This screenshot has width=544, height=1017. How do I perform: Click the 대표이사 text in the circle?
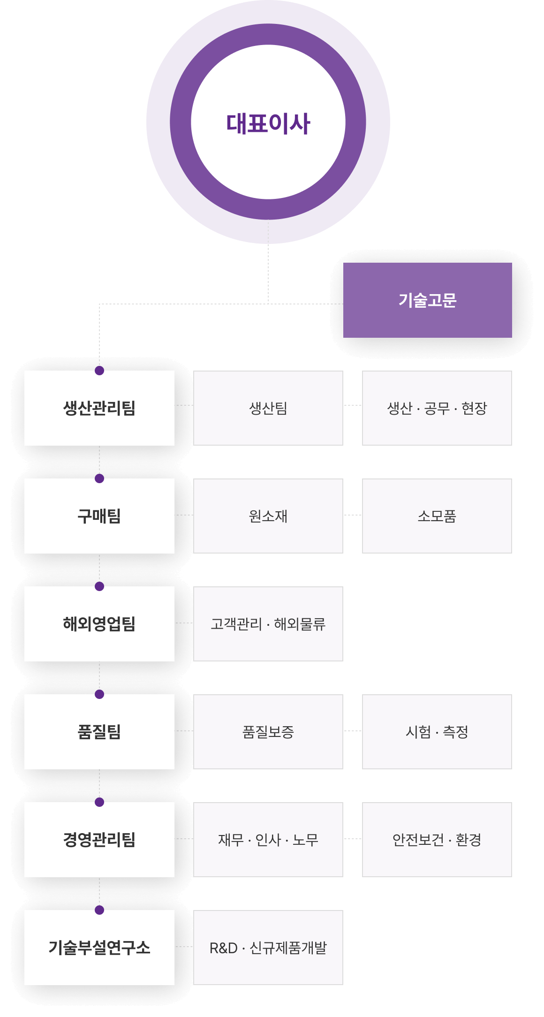268,123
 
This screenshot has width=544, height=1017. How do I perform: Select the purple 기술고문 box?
427,300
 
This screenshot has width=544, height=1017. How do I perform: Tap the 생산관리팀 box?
99,408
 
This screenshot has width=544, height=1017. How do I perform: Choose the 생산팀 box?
268,408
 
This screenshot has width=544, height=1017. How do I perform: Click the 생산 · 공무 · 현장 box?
437,408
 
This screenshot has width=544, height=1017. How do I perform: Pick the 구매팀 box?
99,516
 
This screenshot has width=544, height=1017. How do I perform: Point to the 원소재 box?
268,516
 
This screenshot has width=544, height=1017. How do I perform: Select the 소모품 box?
437,516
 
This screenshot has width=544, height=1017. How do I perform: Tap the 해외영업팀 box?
99,624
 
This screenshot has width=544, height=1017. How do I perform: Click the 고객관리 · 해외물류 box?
268,624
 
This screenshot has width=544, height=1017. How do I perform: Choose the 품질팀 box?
99,732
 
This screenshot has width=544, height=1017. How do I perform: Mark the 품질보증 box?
268,732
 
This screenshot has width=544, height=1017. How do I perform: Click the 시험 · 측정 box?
437,732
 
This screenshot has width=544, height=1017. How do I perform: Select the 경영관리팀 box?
99,840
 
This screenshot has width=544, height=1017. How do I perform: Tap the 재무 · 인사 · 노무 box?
268,840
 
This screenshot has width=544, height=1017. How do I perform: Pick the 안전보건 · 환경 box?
437,840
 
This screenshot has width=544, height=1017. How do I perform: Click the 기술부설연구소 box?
99,948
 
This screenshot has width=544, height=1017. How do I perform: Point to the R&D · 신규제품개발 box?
268,948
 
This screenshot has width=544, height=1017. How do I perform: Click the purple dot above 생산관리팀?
99,371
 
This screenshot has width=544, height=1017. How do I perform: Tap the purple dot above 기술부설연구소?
99,910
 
